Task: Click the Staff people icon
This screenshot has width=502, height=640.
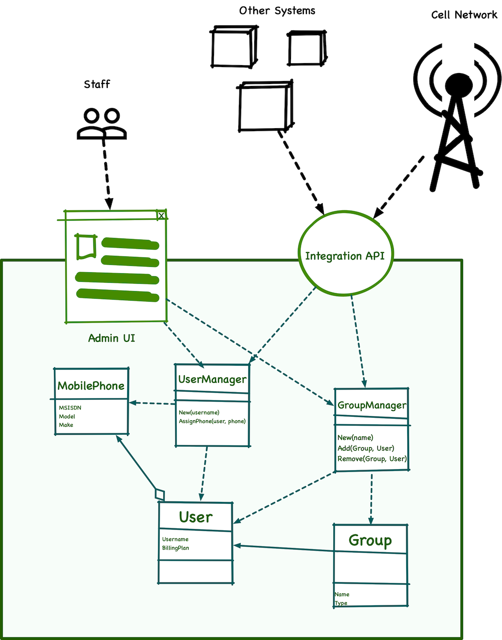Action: (102, 124)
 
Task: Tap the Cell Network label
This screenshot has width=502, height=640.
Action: (464, 15)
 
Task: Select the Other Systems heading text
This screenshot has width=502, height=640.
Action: (277, 10)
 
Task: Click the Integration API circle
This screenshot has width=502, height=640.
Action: (345, 256)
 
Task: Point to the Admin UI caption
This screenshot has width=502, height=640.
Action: (112, 338)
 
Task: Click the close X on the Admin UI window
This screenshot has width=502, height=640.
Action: (161, 215)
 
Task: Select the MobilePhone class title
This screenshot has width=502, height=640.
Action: (91, 386)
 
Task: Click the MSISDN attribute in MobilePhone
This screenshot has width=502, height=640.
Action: (70, 408)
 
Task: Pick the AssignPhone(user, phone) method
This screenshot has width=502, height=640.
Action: (212, 421)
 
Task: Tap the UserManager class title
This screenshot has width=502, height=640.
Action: (212, 380)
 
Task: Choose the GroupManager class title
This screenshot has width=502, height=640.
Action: (372, 405)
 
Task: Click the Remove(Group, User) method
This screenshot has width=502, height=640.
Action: (372, 459)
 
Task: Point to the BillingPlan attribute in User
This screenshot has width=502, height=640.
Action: (175, 548)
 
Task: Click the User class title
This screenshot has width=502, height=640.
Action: (196, 517)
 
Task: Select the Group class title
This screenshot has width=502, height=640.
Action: (370, 541)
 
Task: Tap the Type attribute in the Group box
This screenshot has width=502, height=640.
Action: (341, 603)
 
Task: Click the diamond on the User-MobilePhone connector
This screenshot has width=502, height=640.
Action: (159, 494)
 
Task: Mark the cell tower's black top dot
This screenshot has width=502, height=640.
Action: (457, 83)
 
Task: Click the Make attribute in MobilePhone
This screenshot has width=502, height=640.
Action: (66, 425)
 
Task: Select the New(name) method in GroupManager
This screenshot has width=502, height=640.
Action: (355, 438)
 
